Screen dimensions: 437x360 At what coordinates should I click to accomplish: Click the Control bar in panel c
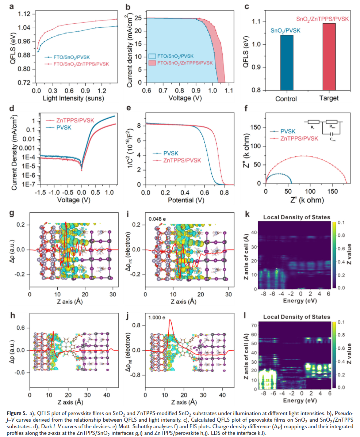point(287,62)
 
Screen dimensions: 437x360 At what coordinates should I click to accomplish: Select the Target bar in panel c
point(330,57)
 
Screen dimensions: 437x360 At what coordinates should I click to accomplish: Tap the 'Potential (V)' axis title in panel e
point(184,200)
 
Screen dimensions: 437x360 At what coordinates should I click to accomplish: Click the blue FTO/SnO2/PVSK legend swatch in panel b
point(152,56)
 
